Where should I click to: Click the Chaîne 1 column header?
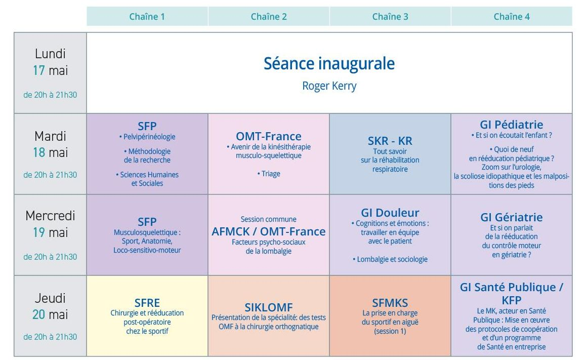coord(147,17)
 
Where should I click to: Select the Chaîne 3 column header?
coord(390,17)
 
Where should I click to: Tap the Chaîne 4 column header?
coord(512,17)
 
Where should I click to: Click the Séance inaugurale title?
coord(329,63)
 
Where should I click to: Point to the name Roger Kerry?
coord(329,86)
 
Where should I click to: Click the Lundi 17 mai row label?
coord(50,62)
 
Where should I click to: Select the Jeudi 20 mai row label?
coord(50,306)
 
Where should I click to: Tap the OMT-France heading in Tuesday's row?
coord(268,136)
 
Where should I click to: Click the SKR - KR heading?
coord(390,141)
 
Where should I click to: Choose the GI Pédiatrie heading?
coord(512,125)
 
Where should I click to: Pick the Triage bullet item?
coord(268,174)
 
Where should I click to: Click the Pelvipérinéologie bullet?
coord(147,137)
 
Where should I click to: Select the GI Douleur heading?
coord(390,212)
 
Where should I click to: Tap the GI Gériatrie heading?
coord(512,217)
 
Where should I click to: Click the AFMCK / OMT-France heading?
coord(268,231)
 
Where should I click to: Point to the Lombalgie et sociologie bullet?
coord(390,259)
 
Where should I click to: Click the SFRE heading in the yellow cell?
coord(147,303)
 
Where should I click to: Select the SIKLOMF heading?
coord(268,307)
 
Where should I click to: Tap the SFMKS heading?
coord(390,303)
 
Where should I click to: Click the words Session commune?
coord(268,219)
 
